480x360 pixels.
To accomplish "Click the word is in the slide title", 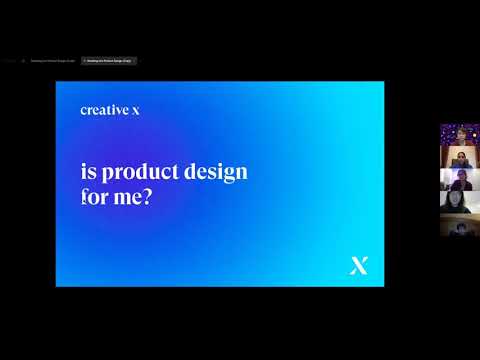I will (85, 171).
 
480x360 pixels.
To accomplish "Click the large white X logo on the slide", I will (359, 265).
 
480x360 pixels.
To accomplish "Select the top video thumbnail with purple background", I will (458, 134).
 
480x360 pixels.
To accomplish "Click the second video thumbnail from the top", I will (458, 157).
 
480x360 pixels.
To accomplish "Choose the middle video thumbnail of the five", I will (458, 179).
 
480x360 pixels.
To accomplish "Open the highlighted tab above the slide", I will (108, 61).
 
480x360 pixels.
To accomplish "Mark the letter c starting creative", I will (84, 111).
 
